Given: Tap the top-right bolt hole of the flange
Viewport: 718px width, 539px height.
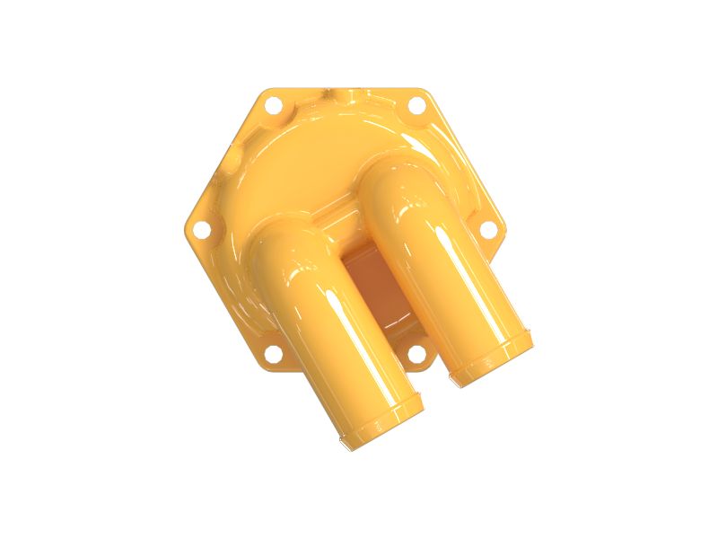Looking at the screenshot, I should (416, 105).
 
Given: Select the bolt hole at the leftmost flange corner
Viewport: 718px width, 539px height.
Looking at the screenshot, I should (202, 229).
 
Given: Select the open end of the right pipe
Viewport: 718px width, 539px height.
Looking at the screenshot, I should (492, 358).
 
